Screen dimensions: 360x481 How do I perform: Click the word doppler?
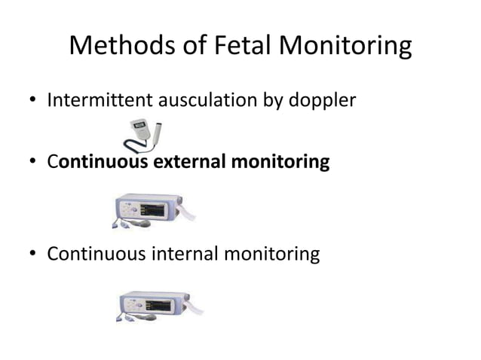[x=323, y=100]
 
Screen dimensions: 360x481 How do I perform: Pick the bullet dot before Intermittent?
[x=31, y=99]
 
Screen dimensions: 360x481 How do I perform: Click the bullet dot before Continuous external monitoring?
[x=31, y=162]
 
